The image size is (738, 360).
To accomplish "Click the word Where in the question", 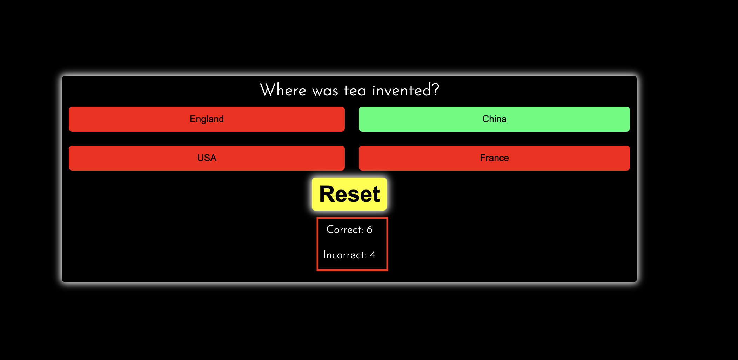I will (283, 90).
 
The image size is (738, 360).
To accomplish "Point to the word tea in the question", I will (355, 91).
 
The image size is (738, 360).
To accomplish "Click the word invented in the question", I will (402, 91).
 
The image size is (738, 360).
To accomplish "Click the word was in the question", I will (325, 92).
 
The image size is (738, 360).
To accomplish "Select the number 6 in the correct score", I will (369, 230).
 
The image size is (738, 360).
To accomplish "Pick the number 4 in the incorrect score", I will (373, 255).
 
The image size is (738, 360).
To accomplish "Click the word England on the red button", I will (207, 119).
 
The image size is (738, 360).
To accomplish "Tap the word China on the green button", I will (494, 119).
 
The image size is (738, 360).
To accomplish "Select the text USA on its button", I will (207, 158).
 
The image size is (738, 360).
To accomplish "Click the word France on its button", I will (494, 158).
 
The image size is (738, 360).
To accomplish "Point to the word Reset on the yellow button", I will (349, 194).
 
